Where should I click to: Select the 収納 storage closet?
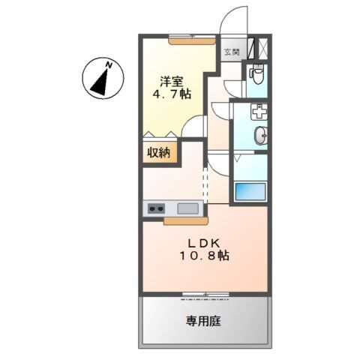pos(158,153)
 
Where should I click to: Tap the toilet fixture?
pos(257,76)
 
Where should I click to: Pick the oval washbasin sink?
pos(260,136)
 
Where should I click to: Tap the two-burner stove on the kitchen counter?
pos(157,208)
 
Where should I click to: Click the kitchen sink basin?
pos(187,208)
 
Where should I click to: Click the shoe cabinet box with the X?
pos(263,49)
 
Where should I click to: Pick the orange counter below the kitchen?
pos(186,221)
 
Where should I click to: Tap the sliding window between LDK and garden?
pos(205,292)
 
